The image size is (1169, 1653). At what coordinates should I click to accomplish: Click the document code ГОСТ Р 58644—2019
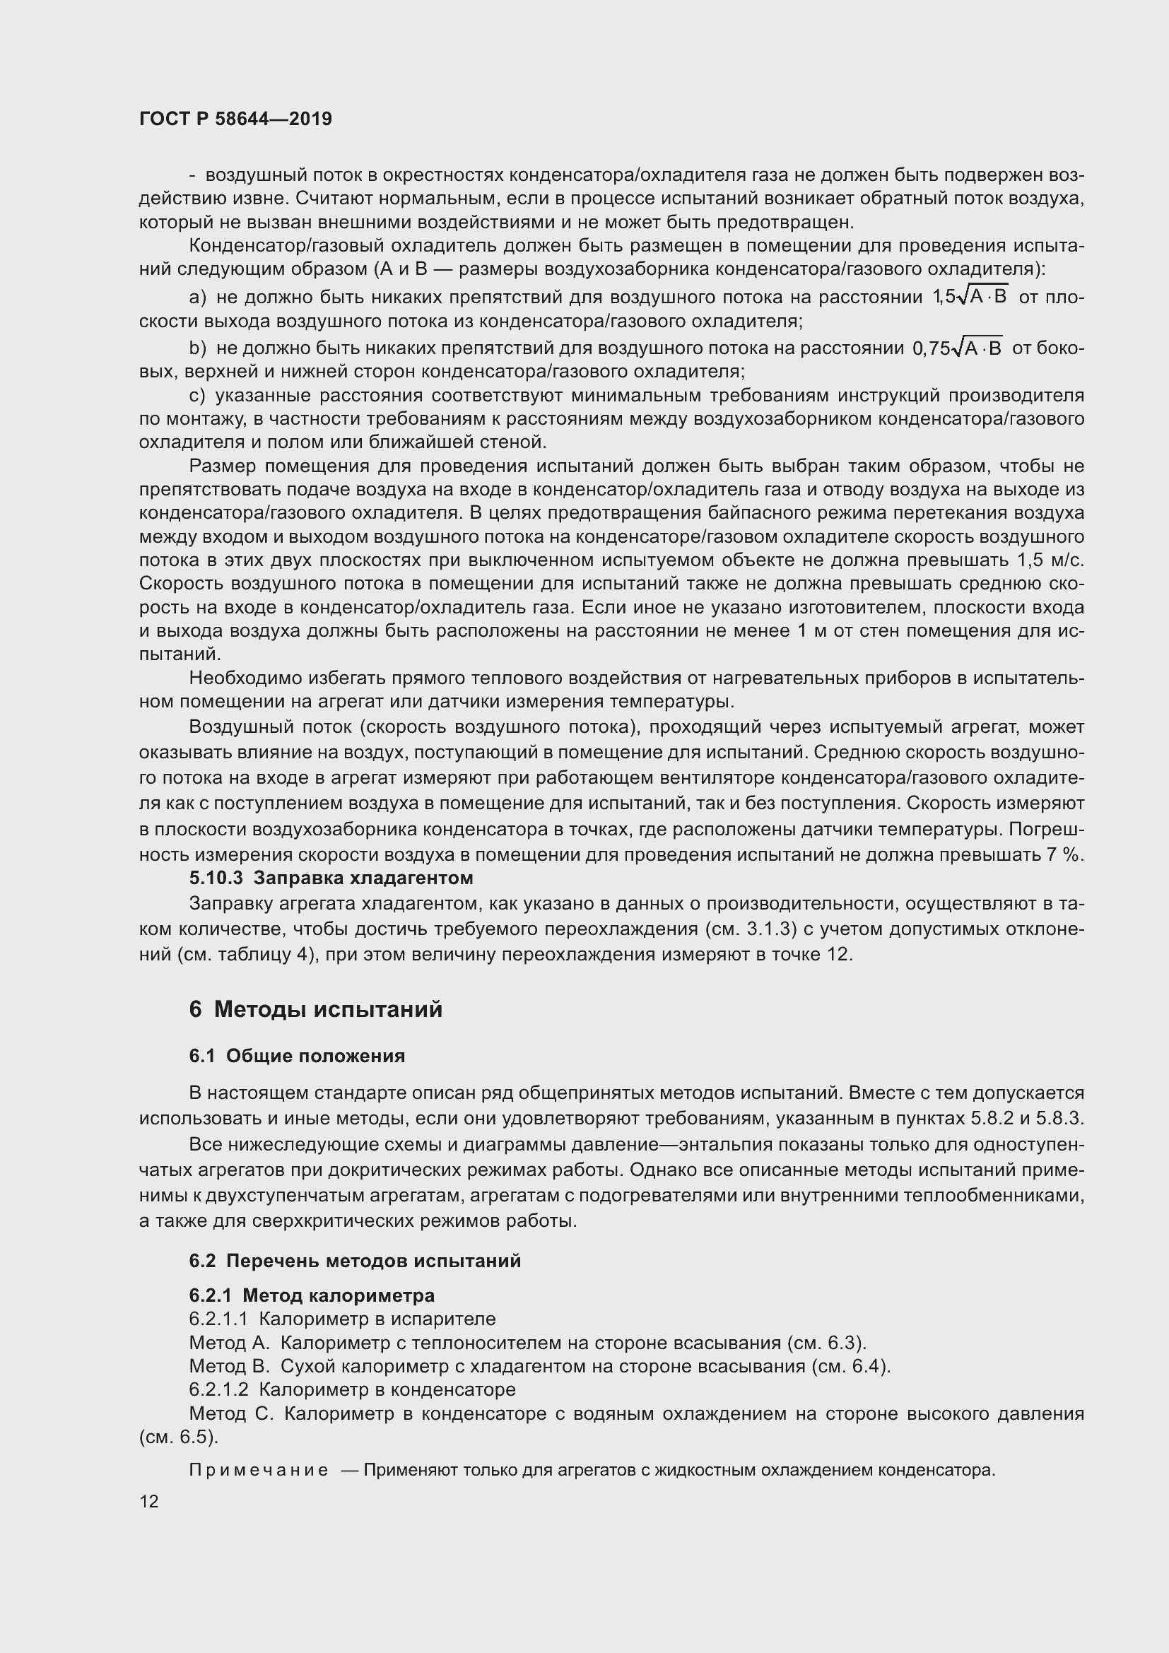[x=235, y=119]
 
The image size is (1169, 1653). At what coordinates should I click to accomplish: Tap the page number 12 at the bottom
[x=149, y=1501]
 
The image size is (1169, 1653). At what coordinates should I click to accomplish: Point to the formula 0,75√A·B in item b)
[x=958, y=348]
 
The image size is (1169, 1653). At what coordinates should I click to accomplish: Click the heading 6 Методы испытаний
[x=315, y=1009]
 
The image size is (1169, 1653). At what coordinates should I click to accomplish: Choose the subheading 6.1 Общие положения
[x=297, y=1055]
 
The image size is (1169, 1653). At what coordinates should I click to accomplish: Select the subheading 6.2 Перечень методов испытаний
[x=355, y=1261]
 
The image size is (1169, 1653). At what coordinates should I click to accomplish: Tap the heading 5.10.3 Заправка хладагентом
[x=331, y=878]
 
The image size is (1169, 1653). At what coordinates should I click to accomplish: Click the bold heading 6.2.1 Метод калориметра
[x=312, y=1295]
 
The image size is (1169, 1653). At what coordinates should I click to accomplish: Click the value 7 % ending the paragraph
[x=1066, y=854]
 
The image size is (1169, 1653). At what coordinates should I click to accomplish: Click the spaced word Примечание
[x=259, y=1470]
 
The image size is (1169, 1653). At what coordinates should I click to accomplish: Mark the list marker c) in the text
[x=197, y=395]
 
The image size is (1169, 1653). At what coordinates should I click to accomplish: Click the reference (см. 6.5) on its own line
[x=179, y=1437]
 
